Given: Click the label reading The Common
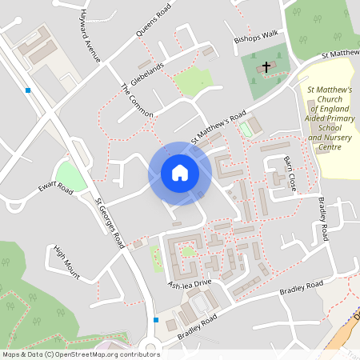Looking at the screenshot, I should (x=136, y=101).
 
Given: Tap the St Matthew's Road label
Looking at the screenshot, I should (x=213, y=130).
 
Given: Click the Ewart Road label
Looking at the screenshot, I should (x=55, y=189).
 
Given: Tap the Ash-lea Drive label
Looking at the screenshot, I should (x=189, y=283).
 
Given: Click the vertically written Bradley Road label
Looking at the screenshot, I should (x=322, y=218).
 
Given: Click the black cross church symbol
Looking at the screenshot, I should (x=263, y=68).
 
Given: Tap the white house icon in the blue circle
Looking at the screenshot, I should (x=179, y=173).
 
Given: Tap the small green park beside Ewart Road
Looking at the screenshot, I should (x=71, y=175).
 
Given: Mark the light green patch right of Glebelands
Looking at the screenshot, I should (x=193, y=80).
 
